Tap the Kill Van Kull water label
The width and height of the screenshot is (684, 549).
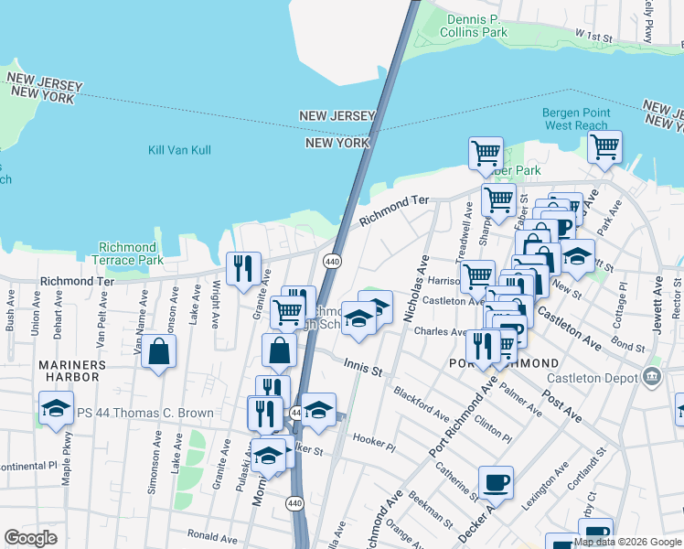179,150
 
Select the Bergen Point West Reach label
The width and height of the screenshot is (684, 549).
574,119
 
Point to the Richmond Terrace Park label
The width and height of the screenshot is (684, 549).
128,253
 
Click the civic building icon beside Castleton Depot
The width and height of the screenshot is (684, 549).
650,375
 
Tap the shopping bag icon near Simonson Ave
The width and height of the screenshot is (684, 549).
159,351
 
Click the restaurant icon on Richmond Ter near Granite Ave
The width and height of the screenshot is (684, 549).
243,268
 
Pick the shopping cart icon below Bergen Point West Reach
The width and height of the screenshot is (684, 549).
604,146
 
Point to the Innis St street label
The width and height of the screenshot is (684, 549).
362,365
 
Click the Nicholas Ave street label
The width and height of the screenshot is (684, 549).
416,288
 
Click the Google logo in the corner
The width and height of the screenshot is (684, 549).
31,538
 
